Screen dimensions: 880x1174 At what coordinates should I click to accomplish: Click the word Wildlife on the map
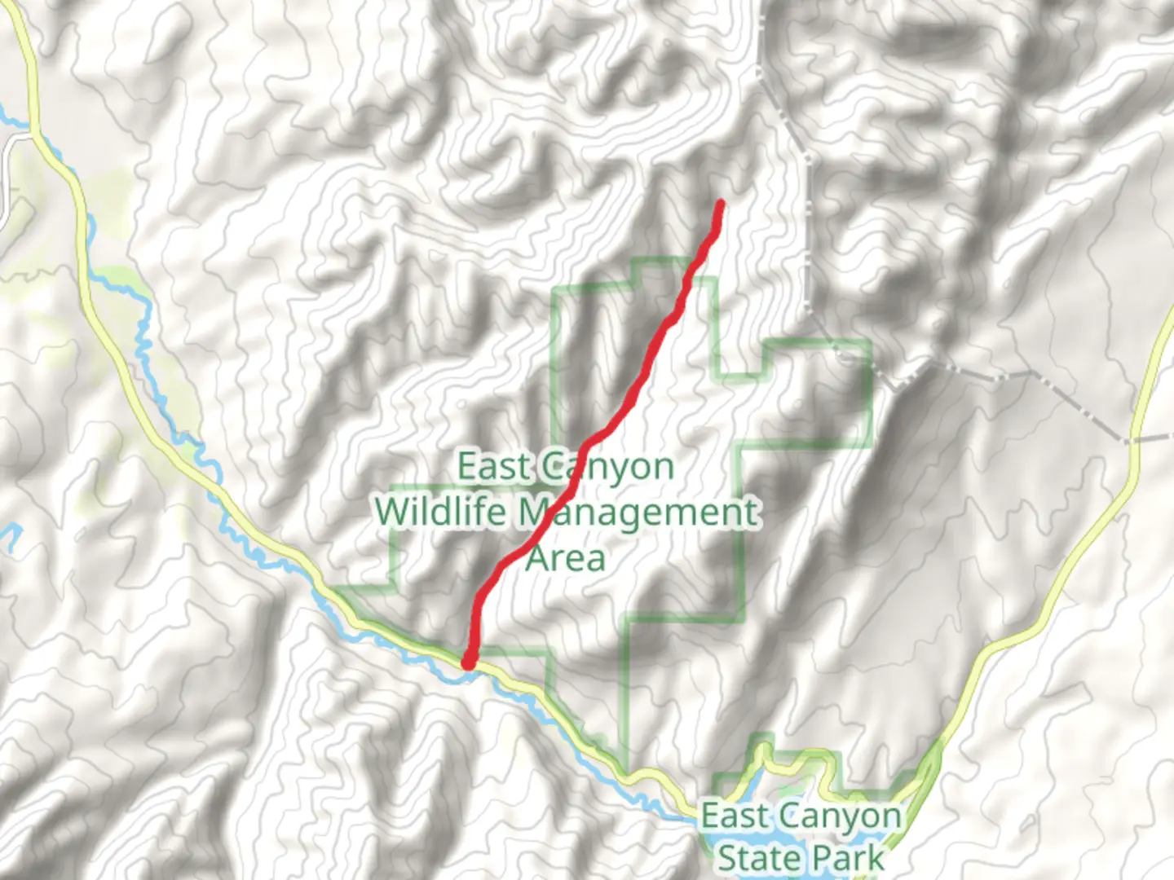click(440, 513)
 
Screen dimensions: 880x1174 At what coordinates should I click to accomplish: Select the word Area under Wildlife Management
click(566, 559)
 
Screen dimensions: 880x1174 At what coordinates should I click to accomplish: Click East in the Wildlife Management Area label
click(493, 467)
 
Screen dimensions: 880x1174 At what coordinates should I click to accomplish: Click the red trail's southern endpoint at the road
click(469, 662)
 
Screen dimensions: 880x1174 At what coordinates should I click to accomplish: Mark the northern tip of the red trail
click(721, 202)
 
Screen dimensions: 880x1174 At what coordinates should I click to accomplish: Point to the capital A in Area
click(538, 559)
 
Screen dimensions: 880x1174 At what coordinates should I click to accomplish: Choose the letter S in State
click(728, 858)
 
